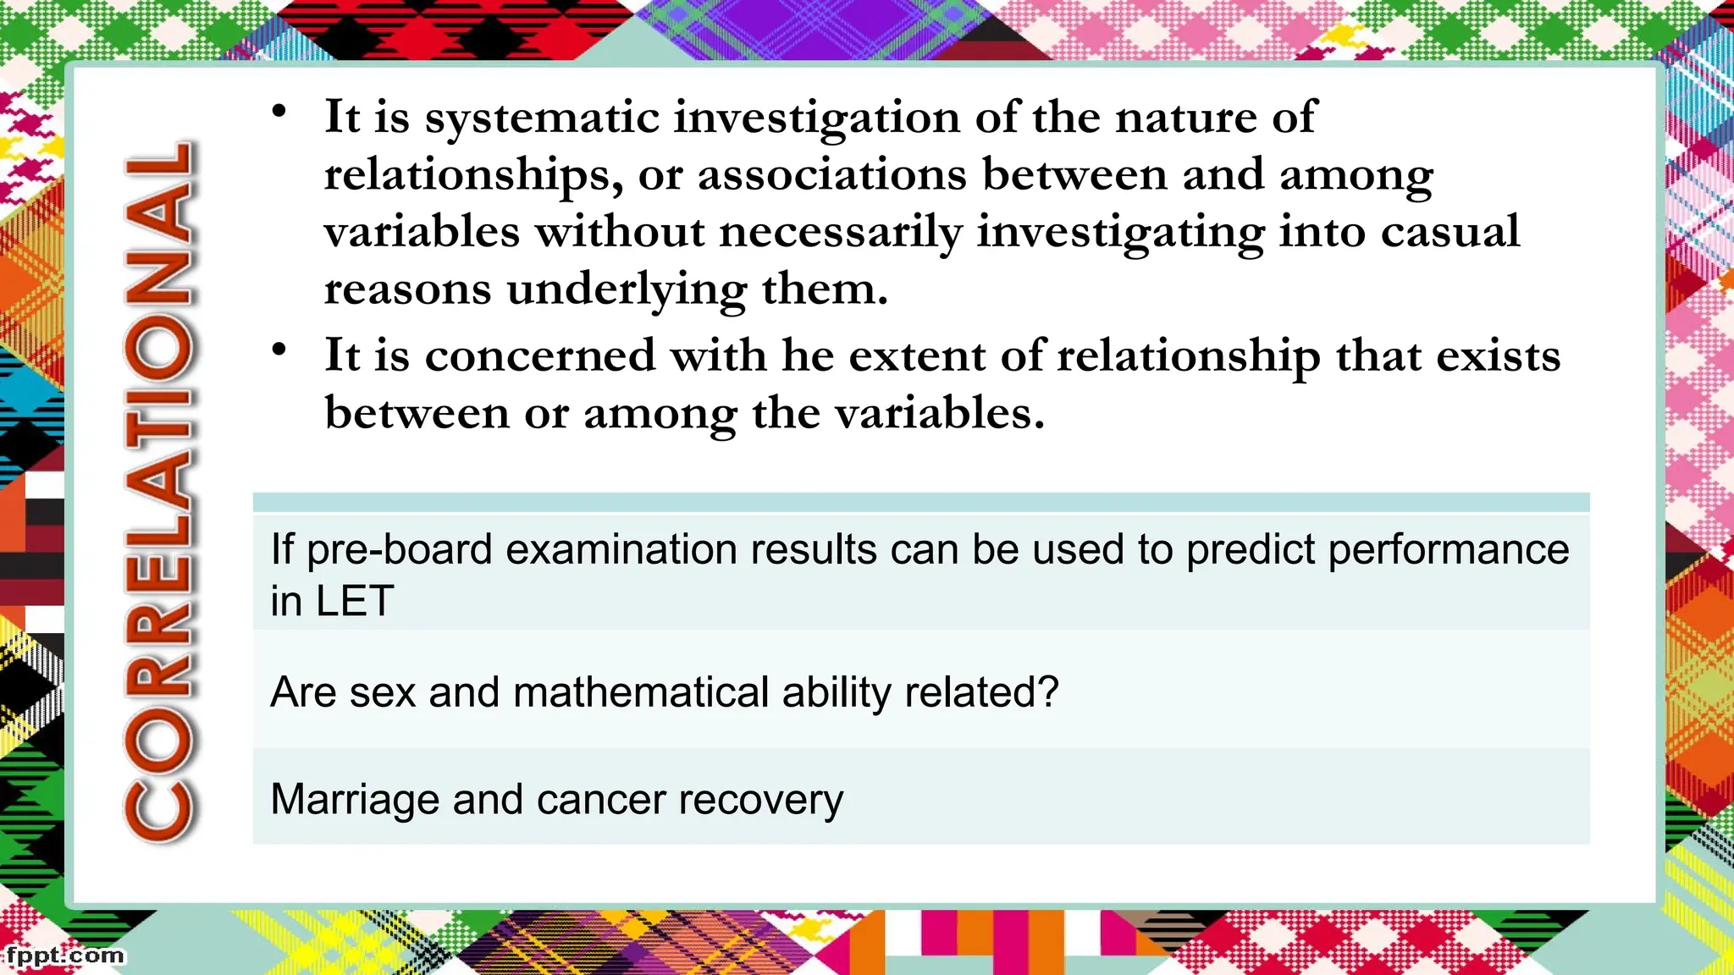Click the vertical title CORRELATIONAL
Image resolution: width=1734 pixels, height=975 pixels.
tap(161, 491)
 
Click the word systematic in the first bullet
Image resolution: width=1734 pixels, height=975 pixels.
tap(542, 118)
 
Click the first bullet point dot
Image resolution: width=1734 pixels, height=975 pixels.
tap(279, 112)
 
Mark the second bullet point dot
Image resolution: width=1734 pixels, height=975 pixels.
tap(279, 350)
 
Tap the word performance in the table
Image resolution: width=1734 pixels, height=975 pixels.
tap(1448, 551)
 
